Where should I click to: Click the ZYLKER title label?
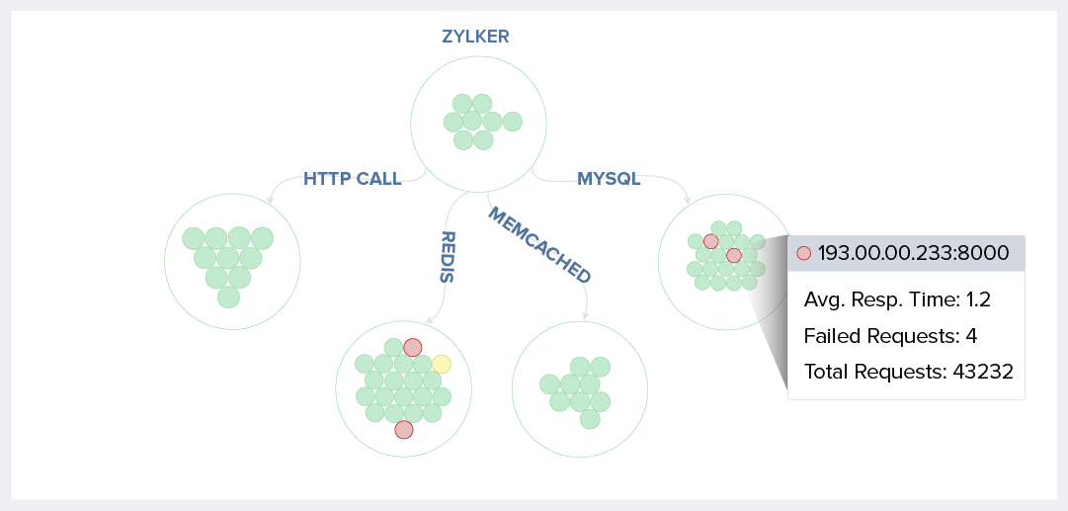(474, 37)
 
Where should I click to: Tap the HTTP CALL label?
(352, 179)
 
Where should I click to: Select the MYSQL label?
(609, 179)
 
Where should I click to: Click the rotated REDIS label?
(447, 257)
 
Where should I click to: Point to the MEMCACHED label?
(539, 245)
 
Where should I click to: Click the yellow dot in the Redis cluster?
(442, 364)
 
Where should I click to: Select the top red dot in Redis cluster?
(413, 347)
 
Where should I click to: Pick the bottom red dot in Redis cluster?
(403, 429)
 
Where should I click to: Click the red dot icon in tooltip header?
(803, 253)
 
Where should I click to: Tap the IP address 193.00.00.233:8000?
(913, 253)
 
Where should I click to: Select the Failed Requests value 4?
(971, 335)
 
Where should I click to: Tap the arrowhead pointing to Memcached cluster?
(586, 316)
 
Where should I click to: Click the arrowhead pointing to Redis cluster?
(427, 320)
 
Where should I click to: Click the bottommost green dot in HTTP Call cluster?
(228, 297)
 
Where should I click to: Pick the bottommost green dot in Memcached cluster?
(590, 419)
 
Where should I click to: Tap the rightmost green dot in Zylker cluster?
(512, 122)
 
